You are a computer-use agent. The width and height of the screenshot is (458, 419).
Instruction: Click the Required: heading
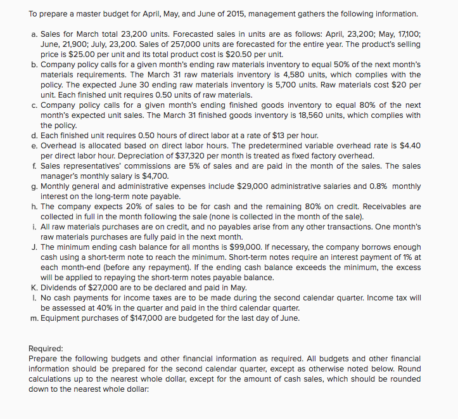46,348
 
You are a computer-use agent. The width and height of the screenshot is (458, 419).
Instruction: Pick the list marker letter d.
34,136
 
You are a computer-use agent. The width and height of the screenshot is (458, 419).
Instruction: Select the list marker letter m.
34,317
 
